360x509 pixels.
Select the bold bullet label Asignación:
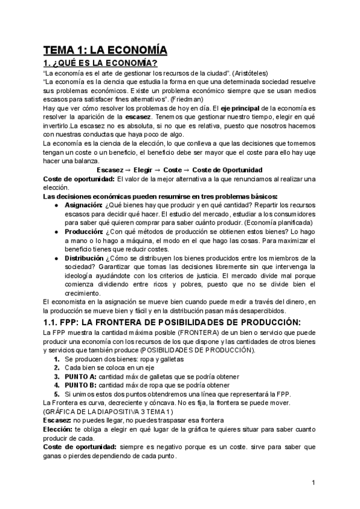pos(83,205)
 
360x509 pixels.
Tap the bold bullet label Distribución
pos(87,258)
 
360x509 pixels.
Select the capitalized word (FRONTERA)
pos(197,333)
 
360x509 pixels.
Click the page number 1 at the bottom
pos(314,483)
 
